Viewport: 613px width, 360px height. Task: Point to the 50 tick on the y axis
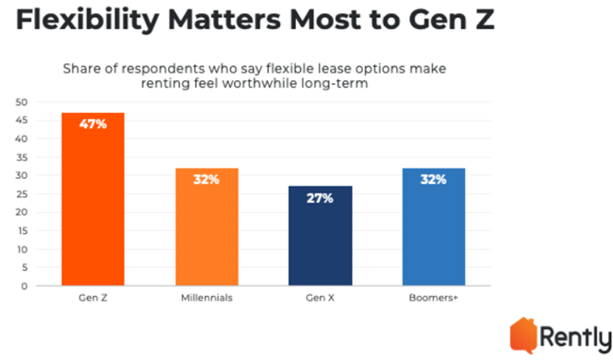coord(23,102)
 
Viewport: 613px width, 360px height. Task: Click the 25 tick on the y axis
coord(23,194)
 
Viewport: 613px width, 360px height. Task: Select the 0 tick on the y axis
coord(25,286)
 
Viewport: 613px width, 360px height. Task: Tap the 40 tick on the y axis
coord(23,139)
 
